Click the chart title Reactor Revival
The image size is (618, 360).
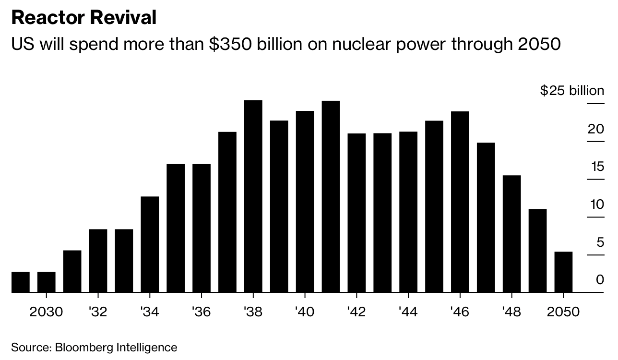click(84, 18)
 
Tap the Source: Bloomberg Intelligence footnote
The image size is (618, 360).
click(94, 347)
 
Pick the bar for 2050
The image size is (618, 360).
click(563, 272)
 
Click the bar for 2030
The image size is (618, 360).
click(47, 282)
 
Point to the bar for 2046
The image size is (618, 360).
click(460, 202)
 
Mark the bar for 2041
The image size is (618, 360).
click(331, 196)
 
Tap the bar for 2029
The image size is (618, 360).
click(21, 282)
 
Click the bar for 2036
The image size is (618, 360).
click(202, 228)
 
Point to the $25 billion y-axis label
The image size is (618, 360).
click(572, 91)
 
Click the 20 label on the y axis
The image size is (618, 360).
click(595, 129)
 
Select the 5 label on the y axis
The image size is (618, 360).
click(600, 242)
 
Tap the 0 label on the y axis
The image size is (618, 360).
click(600, 279)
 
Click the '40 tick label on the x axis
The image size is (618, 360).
click(305, 312)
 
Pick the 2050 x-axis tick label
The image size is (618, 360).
click(563, 312)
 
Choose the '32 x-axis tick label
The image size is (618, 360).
click(98, 312)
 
